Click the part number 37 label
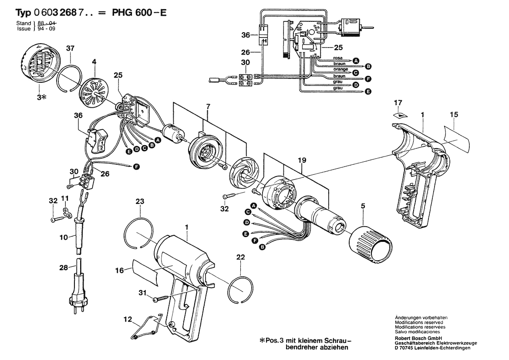[x=71, y=48]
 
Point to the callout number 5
[x=362, y=203]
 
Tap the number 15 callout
[x=454, y=115]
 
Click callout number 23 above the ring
[x=139, y=202]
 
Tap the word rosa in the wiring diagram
[x=338, y=58]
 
